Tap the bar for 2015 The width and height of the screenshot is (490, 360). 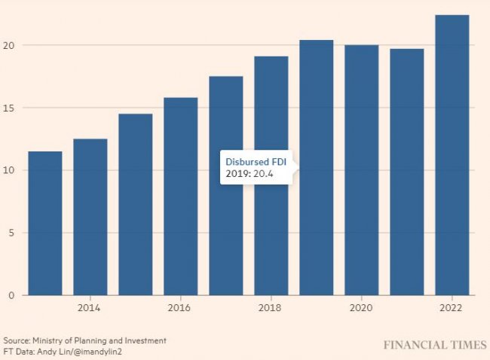click(x=136, y=204)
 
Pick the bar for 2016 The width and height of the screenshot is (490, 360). click(x=181, y=196)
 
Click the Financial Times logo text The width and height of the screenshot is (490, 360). click(x=434, y=346)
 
